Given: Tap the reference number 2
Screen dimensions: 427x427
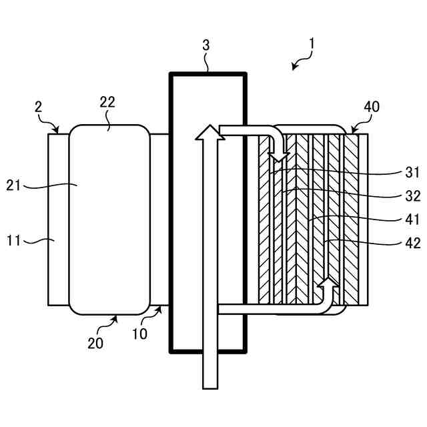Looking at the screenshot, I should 39,107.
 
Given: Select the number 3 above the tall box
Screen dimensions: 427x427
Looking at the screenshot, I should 206,45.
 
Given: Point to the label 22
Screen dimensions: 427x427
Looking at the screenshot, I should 107,102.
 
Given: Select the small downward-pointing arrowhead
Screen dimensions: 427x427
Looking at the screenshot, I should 280,157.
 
